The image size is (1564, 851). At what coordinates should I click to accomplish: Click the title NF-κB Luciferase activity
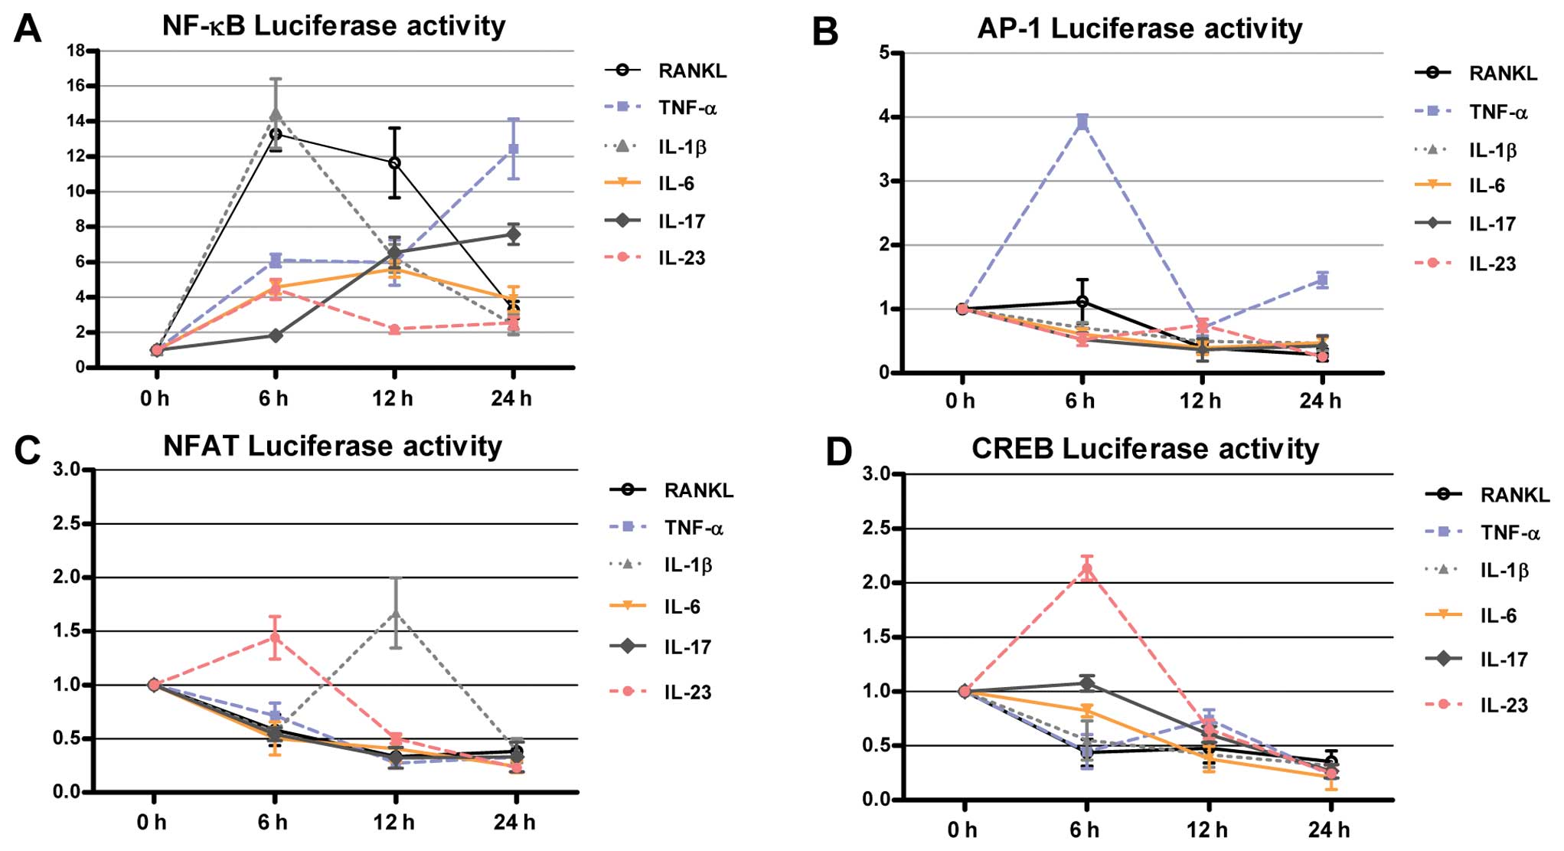click(x=334, y=26)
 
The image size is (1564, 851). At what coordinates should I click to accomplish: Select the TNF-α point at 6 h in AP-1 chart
click(x=1082, y=122)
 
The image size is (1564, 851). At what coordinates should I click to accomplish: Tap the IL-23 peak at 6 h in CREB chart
click(x=1086, y=569)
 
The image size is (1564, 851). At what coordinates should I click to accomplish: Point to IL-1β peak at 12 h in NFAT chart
click(x=396, y=613)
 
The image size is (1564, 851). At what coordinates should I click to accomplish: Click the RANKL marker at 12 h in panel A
click(x=394, y=162)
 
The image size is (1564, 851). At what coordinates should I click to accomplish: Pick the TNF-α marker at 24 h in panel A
click(x=514, y=149)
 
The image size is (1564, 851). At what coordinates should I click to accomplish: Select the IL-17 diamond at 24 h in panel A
click(x=514, y=234)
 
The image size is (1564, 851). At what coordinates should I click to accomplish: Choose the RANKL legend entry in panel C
click(x=672, y=490)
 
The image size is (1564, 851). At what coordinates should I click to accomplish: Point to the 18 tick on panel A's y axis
click(x=76, y=51)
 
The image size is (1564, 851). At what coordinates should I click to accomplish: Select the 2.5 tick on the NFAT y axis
click(x=67, y=524)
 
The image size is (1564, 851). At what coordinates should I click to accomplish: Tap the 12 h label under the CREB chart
click(x=1207, y=830)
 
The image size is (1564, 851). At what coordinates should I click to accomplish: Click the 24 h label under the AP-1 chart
click(x=1320, y=401)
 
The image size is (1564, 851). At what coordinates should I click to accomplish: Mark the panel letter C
click(x=28, y=450)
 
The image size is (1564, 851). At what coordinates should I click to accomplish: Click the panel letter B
click(x=824, y=33)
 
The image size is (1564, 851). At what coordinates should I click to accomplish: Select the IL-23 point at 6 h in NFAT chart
click(x=275, y=637)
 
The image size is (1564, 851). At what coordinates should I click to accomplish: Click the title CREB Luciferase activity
click(x=1145, y=449)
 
